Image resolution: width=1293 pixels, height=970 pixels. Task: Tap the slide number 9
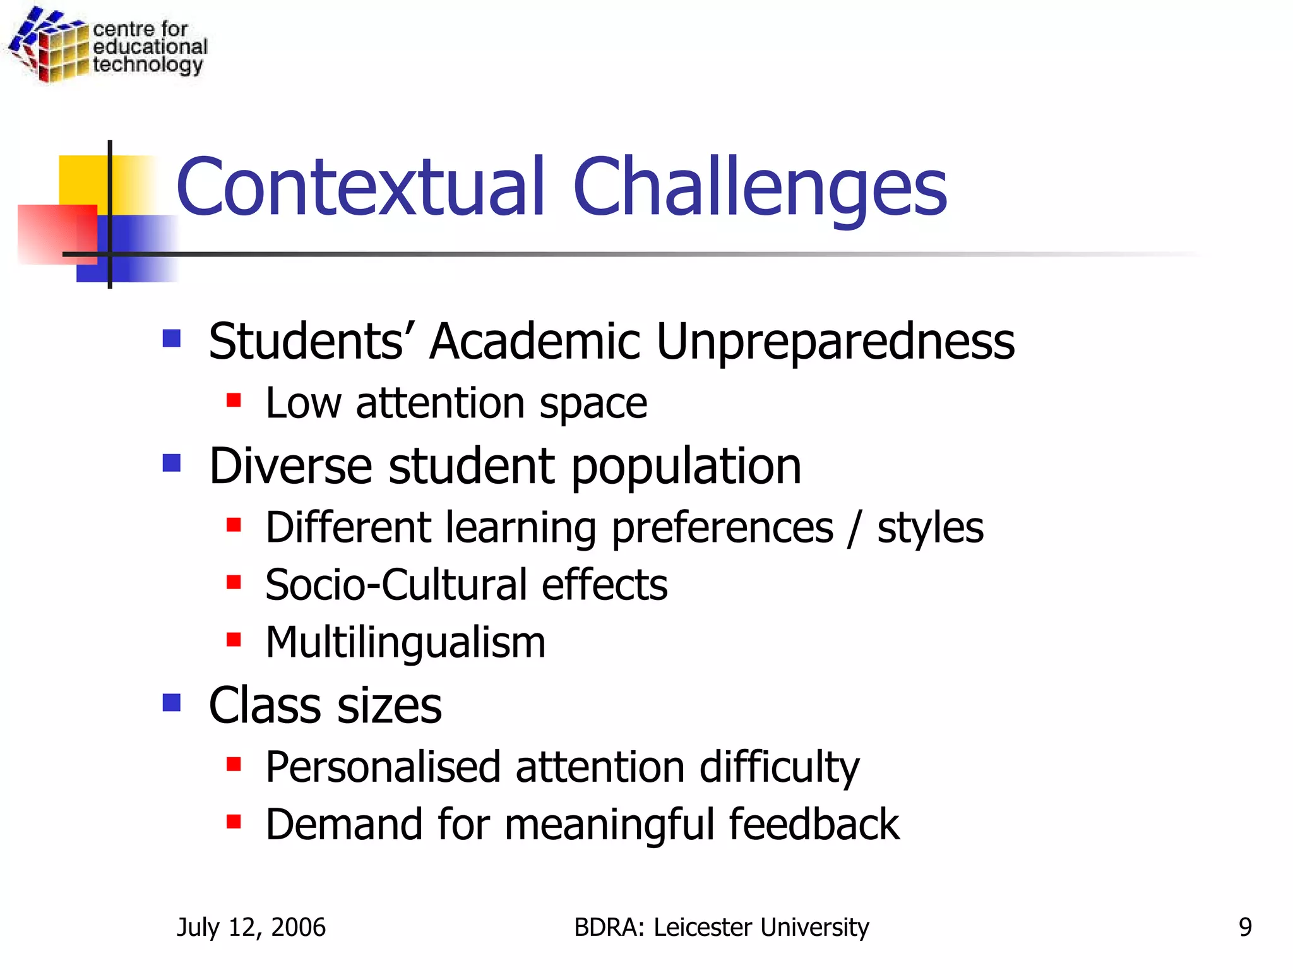pos(1244,927)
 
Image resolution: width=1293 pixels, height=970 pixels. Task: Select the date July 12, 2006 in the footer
pos(251,927)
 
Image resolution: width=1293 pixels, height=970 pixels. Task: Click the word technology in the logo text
pos(148,65)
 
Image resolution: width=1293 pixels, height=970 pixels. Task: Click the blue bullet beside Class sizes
pos(172,702)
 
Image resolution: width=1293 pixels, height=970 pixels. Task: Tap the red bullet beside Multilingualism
pos(234,640)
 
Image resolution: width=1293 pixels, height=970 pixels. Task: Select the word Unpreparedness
pos(835,342)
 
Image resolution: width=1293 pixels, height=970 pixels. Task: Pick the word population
pos(686,466)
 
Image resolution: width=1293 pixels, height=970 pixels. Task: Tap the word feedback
pos(814,825)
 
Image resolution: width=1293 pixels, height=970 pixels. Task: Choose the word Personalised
pos(383,767)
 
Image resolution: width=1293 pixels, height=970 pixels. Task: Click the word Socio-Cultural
pos(396,585)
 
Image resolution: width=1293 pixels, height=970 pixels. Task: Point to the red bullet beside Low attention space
pos(234,400)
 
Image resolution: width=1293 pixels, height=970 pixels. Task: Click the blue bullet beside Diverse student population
pos(172,463)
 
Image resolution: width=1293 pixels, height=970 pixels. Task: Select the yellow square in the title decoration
pos(82,180)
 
